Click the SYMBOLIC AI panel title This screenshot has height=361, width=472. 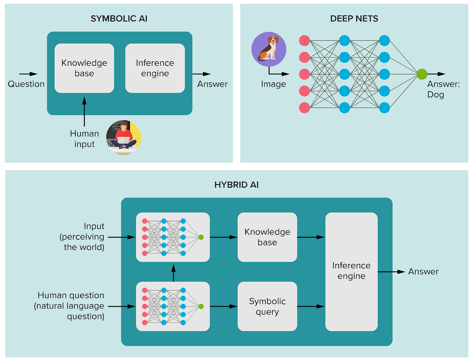click(119, 19)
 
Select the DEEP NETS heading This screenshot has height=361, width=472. click(354, 19)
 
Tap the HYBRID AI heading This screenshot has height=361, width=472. click(236, 185)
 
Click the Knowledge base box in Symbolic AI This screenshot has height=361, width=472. click(84, 68)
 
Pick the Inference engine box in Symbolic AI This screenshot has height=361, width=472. click(155, 68)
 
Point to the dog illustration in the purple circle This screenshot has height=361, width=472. click(269, 49)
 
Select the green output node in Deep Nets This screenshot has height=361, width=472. click(422, 74)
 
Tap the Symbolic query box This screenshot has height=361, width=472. click(267, 306)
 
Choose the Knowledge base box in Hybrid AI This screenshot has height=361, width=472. click(267, 237)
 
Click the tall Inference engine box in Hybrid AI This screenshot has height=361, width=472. click(351, 271)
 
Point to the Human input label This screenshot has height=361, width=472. click(84, 139)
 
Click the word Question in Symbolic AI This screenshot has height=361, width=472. click(26, 84)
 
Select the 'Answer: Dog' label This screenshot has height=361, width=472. click(443, 89)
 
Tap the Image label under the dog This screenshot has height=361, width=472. click(273, 84)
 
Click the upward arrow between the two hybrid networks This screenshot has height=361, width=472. click(173, 273)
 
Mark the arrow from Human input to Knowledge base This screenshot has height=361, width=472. click(84, 112)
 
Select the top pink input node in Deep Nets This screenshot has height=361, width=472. click(304, 41)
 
